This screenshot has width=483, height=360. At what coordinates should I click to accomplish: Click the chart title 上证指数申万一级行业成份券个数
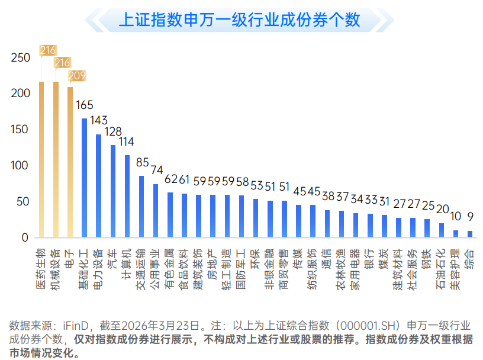[x=239, y=20]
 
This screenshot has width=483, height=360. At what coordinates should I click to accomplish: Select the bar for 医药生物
[x=41, y=160]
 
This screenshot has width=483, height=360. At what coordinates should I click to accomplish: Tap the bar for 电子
[x=70, y=162]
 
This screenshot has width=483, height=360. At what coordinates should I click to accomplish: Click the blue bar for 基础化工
[x=84, y=178]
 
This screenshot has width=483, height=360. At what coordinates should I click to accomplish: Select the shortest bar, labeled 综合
[x=470, y=234]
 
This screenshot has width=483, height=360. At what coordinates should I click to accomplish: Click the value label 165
[x=85, y=105]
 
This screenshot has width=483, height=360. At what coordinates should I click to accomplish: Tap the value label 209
[x=77, y=76]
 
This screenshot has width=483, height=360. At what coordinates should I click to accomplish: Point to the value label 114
[x=127, y=142]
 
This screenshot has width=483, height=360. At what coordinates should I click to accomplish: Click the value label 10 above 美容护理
[x=456, y=216]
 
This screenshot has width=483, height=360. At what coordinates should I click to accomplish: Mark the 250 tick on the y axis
[x=21, y=58]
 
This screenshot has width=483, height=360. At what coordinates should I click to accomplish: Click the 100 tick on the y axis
[x=21, y=166]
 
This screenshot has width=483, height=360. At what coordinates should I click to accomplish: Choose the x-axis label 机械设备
[x=55, y=265]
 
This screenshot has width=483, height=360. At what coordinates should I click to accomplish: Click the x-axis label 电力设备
[x=98, y=265]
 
